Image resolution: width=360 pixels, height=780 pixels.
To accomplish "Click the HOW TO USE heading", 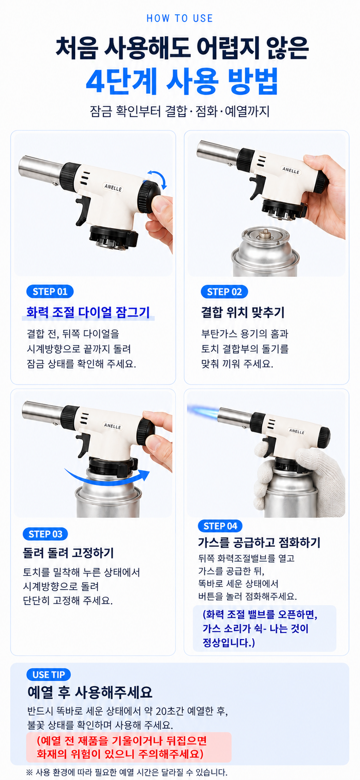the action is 180,18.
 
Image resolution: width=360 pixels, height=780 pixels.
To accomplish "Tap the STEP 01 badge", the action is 50,291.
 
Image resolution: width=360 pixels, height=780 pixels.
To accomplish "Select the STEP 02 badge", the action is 224,291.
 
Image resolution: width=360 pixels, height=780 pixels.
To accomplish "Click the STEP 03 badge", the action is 46,534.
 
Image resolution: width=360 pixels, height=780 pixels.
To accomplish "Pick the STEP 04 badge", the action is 220,526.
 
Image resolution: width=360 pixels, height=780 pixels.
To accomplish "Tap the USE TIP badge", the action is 48,674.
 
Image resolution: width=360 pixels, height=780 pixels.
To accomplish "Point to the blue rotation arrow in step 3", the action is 107,479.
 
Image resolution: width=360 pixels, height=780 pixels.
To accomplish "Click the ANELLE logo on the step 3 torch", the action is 113,426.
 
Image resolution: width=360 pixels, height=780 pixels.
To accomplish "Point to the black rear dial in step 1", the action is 149,197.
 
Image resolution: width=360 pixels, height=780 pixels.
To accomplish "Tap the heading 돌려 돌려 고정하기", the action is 69,553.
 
